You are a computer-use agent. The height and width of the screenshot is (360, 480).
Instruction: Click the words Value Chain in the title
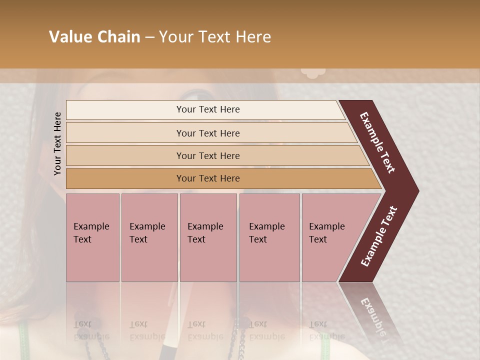pyautogui.click(x=94, y=37)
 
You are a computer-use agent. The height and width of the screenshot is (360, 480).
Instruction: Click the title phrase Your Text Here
pyautogui.click(x=215, y=37)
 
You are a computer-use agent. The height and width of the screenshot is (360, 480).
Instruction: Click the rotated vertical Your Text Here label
pyautogui.click(x=57, y=143)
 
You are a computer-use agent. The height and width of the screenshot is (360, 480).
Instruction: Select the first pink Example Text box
pyautogui.click(x=92, y=237)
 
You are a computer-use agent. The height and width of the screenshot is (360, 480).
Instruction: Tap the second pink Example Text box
pyautogui.click(x=149, y=237)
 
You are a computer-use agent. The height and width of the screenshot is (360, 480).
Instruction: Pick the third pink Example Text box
pyautogui.click(x=208, y=237)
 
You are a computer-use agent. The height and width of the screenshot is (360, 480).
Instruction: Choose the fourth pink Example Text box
pyautogui.click(x=269, y=237)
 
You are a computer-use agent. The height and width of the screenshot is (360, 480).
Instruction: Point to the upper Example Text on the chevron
pyautogui.click(x=377, y=142)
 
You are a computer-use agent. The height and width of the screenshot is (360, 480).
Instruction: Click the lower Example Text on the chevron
pyautogui.click(x=379, y=236)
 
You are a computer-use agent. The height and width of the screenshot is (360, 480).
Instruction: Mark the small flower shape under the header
pyautogui.click(x=313, y=73)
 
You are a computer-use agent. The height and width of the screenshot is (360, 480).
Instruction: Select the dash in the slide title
pyautogui.click(x=149, y=37)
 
